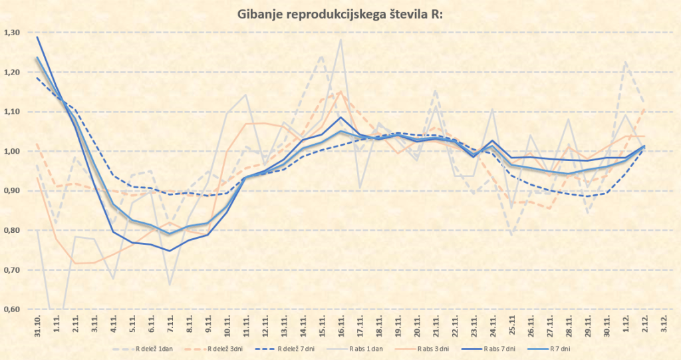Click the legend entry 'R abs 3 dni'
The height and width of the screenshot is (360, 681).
pyautogui.click(x=445, y=348)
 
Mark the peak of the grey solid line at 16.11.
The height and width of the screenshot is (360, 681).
pyautogui.click(x=341, y=40)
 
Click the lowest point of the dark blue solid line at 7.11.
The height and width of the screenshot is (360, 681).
pyautogui.click(x=170, y=251)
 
